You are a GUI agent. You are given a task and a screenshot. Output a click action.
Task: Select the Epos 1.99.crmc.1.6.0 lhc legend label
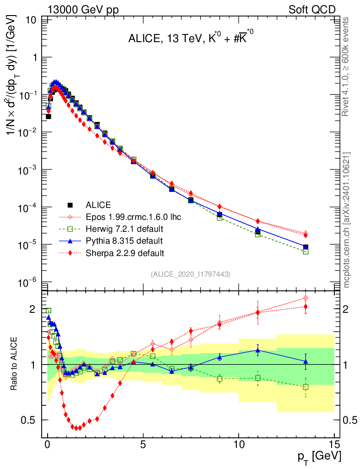tap(133, 217)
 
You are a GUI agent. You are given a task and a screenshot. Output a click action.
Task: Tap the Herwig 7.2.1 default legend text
tap(124, 229)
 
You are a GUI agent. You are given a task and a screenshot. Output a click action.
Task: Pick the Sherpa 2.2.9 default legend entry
tap(124, 252)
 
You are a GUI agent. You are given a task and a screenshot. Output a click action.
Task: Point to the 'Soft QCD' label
tap(311, 10)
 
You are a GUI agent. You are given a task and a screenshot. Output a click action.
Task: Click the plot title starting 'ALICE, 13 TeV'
tap(190, 40)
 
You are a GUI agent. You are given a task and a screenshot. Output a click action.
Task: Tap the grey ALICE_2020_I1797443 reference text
tap(190, 274)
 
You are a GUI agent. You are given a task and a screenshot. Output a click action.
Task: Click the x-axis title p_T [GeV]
tap(319, 456)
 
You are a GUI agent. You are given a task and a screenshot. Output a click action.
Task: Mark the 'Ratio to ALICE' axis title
tap(15, 364)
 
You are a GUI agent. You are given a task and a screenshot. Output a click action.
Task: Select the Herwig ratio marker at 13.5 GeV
tap(305, 387)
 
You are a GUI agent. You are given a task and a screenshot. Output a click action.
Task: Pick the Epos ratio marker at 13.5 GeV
tap(305, 298)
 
